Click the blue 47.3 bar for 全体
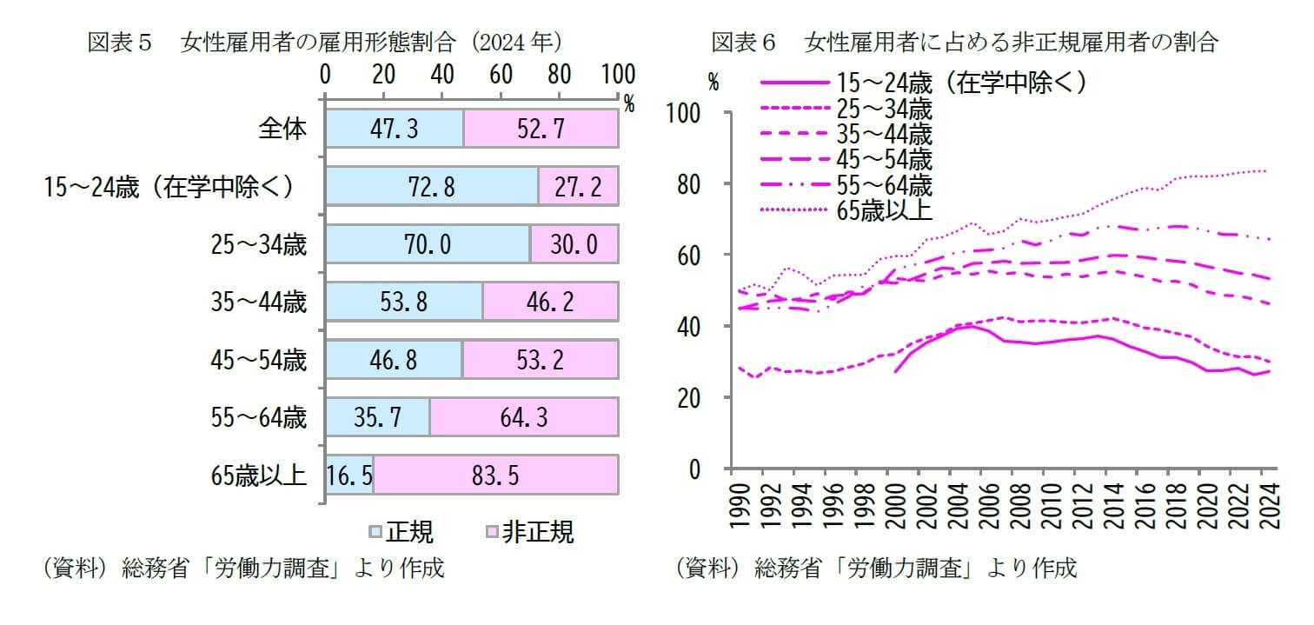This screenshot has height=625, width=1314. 394,130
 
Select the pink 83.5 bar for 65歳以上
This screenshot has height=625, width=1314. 495,477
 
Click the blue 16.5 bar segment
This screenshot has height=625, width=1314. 349,477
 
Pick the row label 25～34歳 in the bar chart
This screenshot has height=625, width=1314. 258,245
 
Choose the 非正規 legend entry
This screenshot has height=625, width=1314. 530,532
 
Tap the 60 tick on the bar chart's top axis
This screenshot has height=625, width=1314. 501,73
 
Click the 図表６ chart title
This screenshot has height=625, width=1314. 964,42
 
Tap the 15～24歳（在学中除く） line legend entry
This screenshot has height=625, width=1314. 960,83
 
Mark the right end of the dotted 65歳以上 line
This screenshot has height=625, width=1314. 1266,170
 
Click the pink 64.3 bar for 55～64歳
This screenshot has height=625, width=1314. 523,419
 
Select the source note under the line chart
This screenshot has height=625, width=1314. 876,568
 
